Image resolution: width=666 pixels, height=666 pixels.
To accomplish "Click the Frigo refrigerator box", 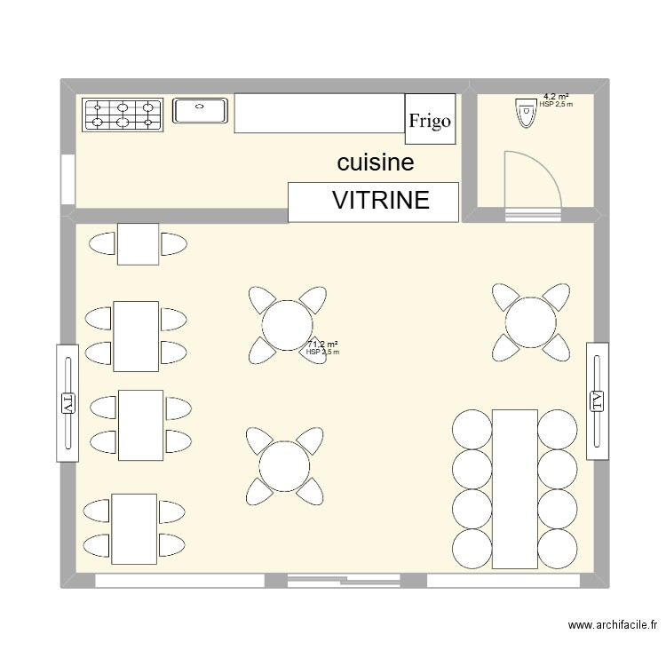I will coord(431,118).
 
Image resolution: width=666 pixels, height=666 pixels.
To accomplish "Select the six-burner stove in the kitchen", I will coord(123,114).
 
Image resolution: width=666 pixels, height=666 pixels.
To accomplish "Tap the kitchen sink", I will coord(202,111).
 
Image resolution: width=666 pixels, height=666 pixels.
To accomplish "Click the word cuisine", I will coord(376,163).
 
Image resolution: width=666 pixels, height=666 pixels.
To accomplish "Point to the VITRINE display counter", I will coord(374,202).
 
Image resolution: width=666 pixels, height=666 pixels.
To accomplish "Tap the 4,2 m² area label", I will coord(556,96).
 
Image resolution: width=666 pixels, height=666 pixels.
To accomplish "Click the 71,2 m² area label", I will coord(322,345).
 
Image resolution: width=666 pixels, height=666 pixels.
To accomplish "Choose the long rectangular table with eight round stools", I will coord(514,488).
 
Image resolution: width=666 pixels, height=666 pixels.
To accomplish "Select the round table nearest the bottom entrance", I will coord(284,464).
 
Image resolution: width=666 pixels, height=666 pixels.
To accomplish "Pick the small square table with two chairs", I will coord(138,244).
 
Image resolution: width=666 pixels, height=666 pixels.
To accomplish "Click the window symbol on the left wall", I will coord(68,402).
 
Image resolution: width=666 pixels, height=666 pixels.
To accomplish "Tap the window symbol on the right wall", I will coord(597,402).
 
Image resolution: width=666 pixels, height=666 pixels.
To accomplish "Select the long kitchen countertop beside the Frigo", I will coord(320,114).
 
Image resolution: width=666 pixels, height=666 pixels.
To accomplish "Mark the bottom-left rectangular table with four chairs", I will coord(134,528).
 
